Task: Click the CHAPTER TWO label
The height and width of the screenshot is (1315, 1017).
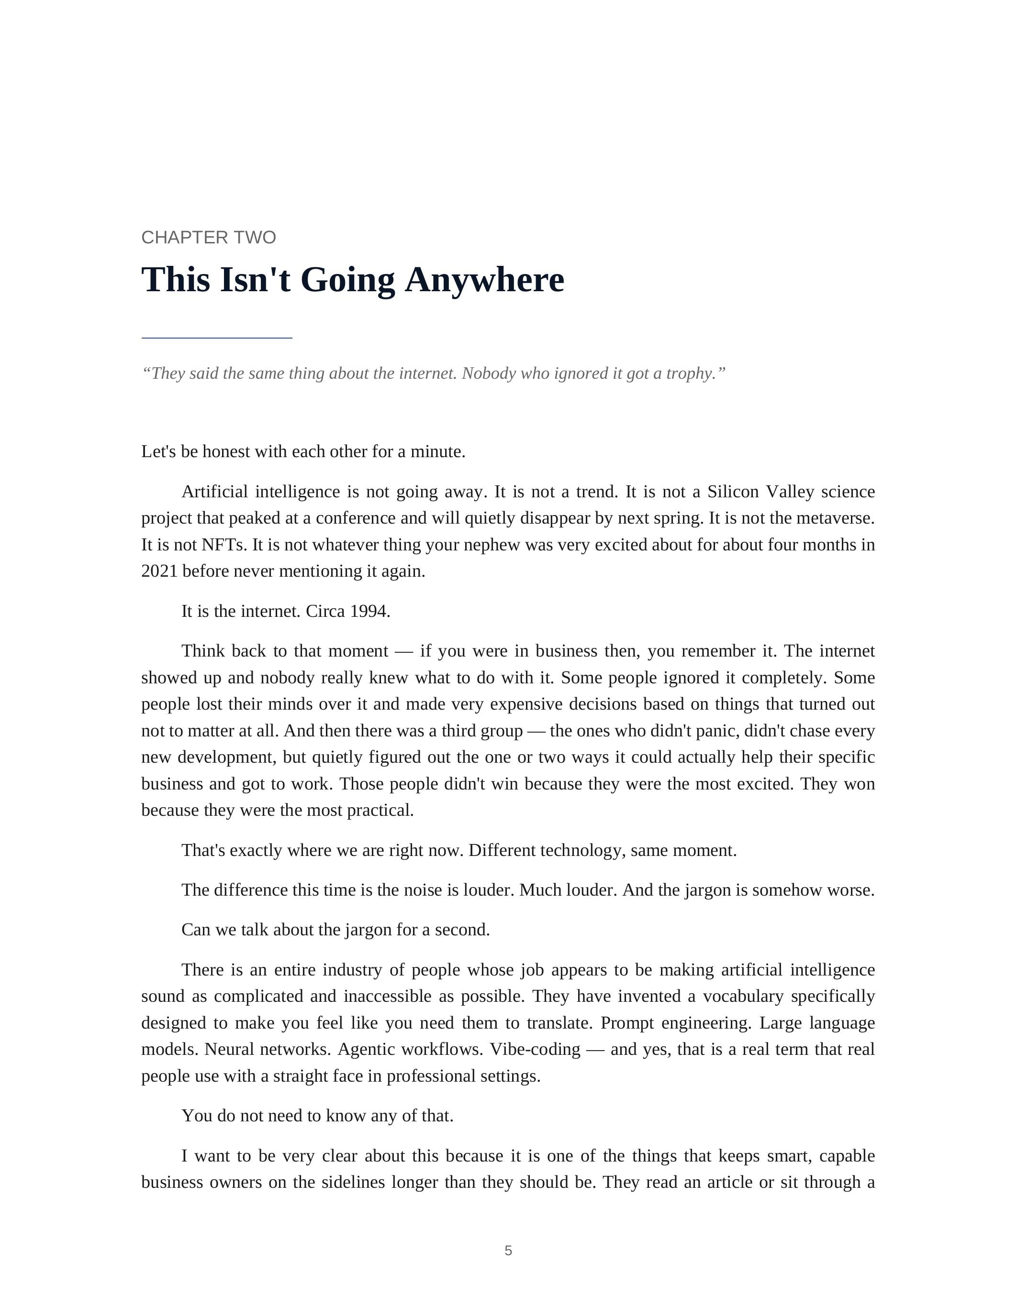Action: click(209, 237)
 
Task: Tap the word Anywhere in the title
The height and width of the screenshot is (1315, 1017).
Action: click(484, 280)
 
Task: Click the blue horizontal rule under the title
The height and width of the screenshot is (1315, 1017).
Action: click(217, 339)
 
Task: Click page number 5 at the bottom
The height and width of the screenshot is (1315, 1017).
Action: click(508, 1250)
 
